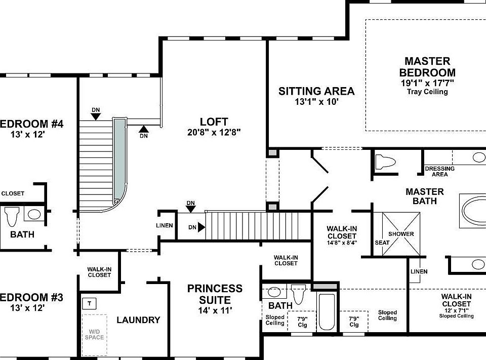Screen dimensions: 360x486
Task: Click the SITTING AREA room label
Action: click(316, 92)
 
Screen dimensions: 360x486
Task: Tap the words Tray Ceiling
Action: click(427, 92)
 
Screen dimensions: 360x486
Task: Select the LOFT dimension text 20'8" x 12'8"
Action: click(214, 133)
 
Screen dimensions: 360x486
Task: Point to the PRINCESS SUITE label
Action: click(215, 294)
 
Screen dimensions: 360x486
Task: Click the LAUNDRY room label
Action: click(138, 320)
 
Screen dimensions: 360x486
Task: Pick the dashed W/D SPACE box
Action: click(94, 334)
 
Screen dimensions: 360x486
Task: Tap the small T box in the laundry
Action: click(89, 304)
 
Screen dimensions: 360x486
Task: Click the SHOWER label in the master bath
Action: click(401, 234)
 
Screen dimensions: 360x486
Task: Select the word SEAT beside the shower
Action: click(382, 243)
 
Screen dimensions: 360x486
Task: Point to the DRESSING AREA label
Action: click(439, 172)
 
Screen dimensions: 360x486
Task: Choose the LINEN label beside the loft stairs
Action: click(165, 226)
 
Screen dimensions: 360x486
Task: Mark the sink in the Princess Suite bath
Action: click(274, 292)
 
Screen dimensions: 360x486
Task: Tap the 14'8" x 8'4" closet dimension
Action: click(342, 243)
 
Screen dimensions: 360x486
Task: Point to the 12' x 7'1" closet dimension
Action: click(456, 309)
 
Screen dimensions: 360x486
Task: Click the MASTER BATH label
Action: click(424, 196)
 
